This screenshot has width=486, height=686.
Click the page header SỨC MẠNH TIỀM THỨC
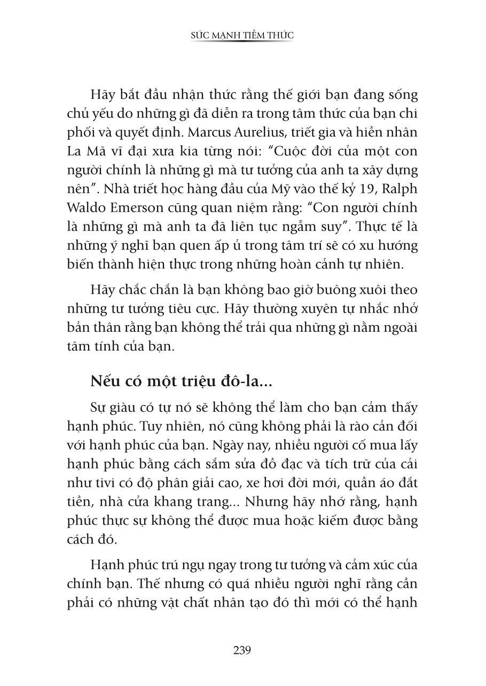tap(242, 35)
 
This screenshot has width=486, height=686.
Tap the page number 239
tap(242, 650)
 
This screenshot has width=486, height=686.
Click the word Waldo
tap(86, 207)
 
